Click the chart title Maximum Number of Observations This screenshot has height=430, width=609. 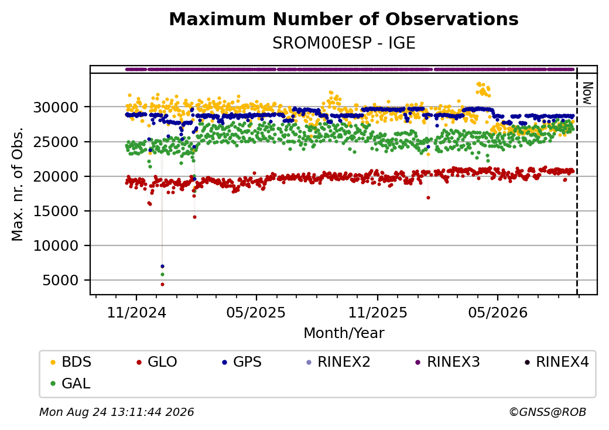point(344,19)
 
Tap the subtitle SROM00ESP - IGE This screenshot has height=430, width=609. point(344,43)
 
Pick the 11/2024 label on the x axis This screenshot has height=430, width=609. point(136,312)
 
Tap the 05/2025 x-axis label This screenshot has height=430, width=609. point(256,312)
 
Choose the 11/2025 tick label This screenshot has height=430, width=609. point(377,312)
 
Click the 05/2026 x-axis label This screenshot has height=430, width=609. point(498,312)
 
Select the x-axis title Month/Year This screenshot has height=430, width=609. point(344,333)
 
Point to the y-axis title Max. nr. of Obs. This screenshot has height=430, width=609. point(18,184)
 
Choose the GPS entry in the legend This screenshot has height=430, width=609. point(242,362)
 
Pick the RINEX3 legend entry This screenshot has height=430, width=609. point(447,362)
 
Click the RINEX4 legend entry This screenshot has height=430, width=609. point(556,362)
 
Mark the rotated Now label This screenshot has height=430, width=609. point(587,93)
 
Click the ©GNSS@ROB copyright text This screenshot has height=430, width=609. point(548,412)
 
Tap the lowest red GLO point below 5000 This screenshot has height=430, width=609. point(162,284)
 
